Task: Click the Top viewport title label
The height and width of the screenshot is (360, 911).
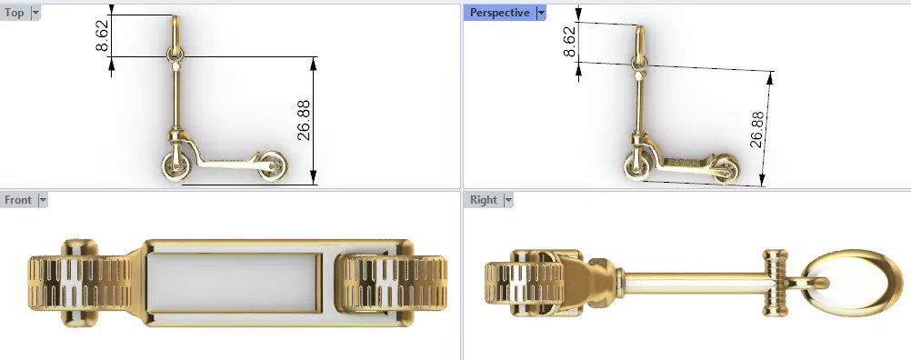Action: (x=15, y=13)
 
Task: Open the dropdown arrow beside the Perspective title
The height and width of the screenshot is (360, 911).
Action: (x=541, y=13)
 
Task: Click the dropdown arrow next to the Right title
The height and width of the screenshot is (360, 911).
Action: (x=508, y=199)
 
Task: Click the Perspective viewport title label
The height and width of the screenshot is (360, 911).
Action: (x=499, y=13)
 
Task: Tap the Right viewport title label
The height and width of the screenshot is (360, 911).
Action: (x=483, y=199)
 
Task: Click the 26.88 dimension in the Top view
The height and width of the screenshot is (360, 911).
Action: (x=304, y=121)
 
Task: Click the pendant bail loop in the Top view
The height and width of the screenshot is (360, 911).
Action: (x=175, y=36)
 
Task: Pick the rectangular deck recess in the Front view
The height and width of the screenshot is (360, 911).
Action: (x=232, y=279)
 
